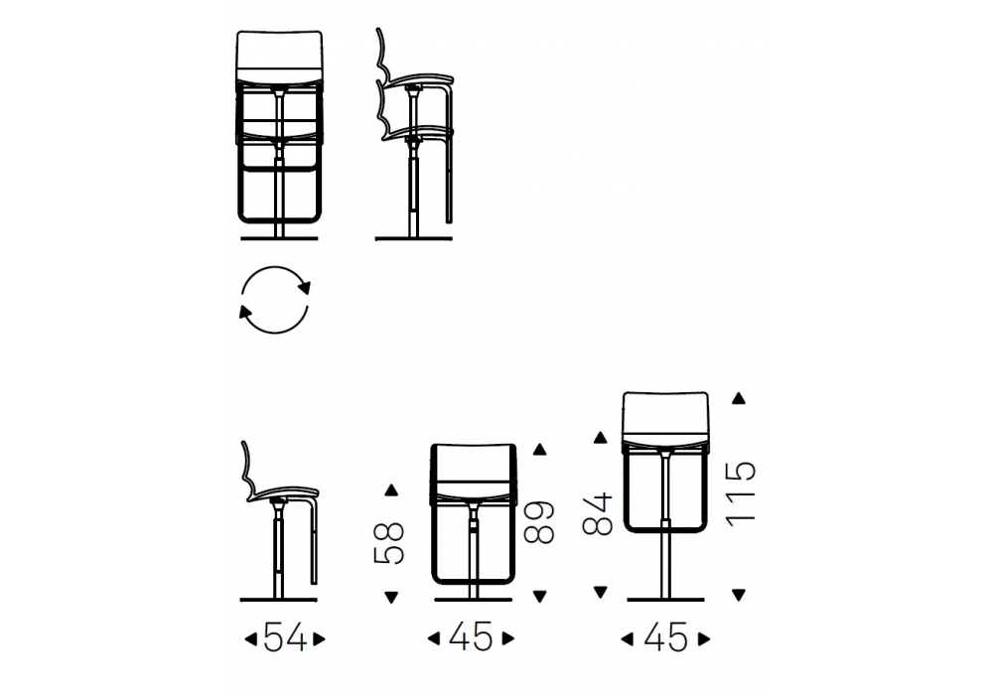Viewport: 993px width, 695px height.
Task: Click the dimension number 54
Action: (x=284, y=637)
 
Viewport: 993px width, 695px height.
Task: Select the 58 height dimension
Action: (x=389, y=543)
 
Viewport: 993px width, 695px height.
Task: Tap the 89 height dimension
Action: (x=539, y=523)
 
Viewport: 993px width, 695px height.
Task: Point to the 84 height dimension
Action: (x=597, y=514)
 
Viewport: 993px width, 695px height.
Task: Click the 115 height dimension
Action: (x=741, y=493)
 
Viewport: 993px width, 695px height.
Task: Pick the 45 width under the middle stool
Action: (x=471, y=637)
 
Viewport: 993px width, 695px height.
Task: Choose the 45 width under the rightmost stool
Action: (x=665, y=637)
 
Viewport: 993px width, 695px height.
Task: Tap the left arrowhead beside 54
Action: (x=251, y=639)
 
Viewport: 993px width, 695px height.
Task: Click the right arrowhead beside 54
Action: (x=319, y=639)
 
